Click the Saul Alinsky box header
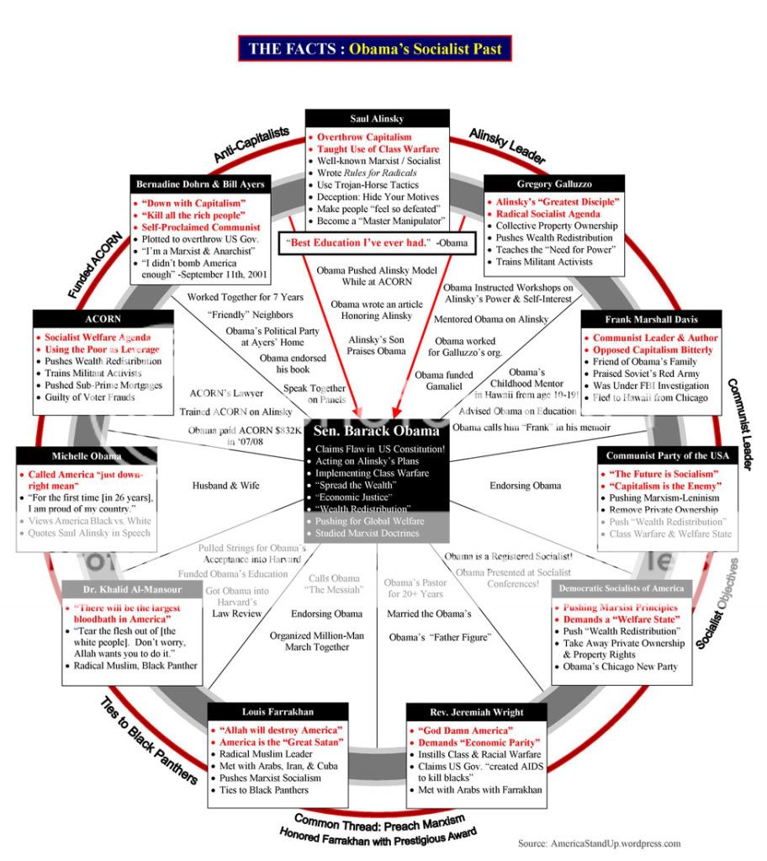[377, 119]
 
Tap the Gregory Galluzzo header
[553, 184]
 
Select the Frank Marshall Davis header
[651, 320]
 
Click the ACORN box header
[103, 320]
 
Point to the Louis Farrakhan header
[278, 711]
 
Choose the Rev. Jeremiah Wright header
[476, 711]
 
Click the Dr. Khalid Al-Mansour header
[133, 589]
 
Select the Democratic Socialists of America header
[621, 587]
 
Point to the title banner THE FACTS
[374, 49]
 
